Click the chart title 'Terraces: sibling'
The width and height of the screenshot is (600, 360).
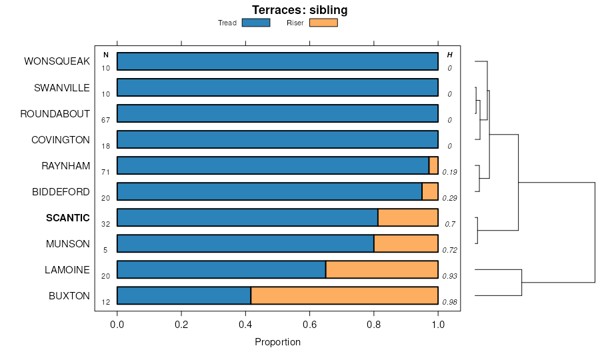coord(299,10)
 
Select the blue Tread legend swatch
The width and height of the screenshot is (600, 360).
coord(255,23)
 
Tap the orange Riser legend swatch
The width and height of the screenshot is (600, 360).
coord(323,23)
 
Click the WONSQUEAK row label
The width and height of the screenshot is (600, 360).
coord(57,61)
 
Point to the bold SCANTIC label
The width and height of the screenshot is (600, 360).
coord(67,218)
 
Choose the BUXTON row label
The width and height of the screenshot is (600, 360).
coord(69,296)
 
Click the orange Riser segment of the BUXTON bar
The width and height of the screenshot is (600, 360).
coord(344,296)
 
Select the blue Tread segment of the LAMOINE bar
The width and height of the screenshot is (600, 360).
coord(221,270)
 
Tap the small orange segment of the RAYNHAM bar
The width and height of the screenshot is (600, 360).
coord(433,165)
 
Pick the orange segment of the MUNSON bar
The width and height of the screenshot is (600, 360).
coord(405,244)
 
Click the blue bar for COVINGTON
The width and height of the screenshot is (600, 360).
coord(277,139)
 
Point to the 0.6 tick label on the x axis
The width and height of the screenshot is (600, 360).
coord(310,325)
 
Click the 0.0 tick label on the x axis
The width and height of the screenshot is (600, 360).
coord(117,325)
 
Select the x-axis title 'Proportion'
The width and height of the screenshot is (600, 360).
coord(277,342)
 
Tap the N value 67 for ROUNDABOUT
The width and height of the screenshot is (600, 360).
coord(105,121)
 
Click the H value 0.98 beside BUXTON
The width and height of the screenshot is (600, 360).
coord(449,302)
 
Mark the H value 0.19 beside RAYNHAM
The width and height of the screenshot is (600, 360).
coord(449,172)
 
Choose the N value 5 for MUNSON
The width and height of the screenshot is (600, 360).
coord(105,251)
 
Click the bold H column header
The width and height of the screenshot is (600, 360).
coord(449,55)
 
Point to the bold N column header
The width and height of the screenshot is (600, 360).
coord(105,55)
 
